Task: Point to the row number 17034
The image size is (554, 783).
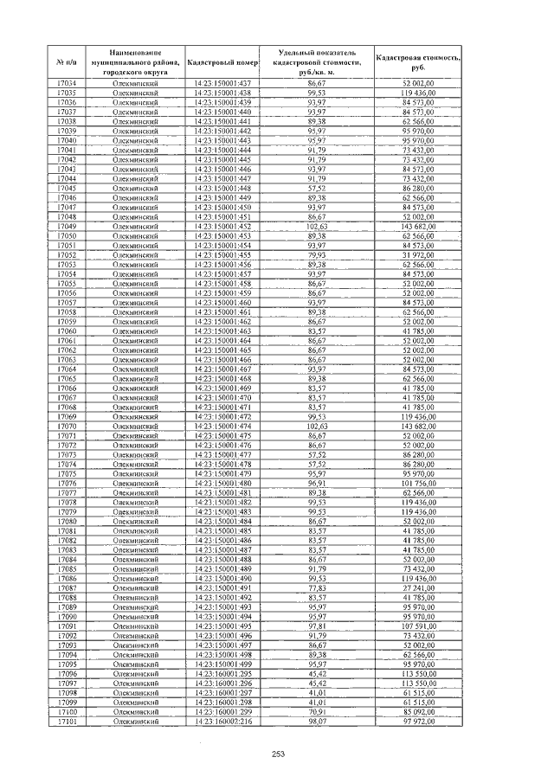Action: (66, 82)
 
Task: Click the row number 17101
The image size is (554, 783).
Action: (66, 721)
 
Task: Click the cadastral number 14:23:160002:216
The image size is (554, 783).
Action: (223, 721)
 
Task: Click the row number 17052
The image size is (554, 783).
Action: (66, 255)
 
